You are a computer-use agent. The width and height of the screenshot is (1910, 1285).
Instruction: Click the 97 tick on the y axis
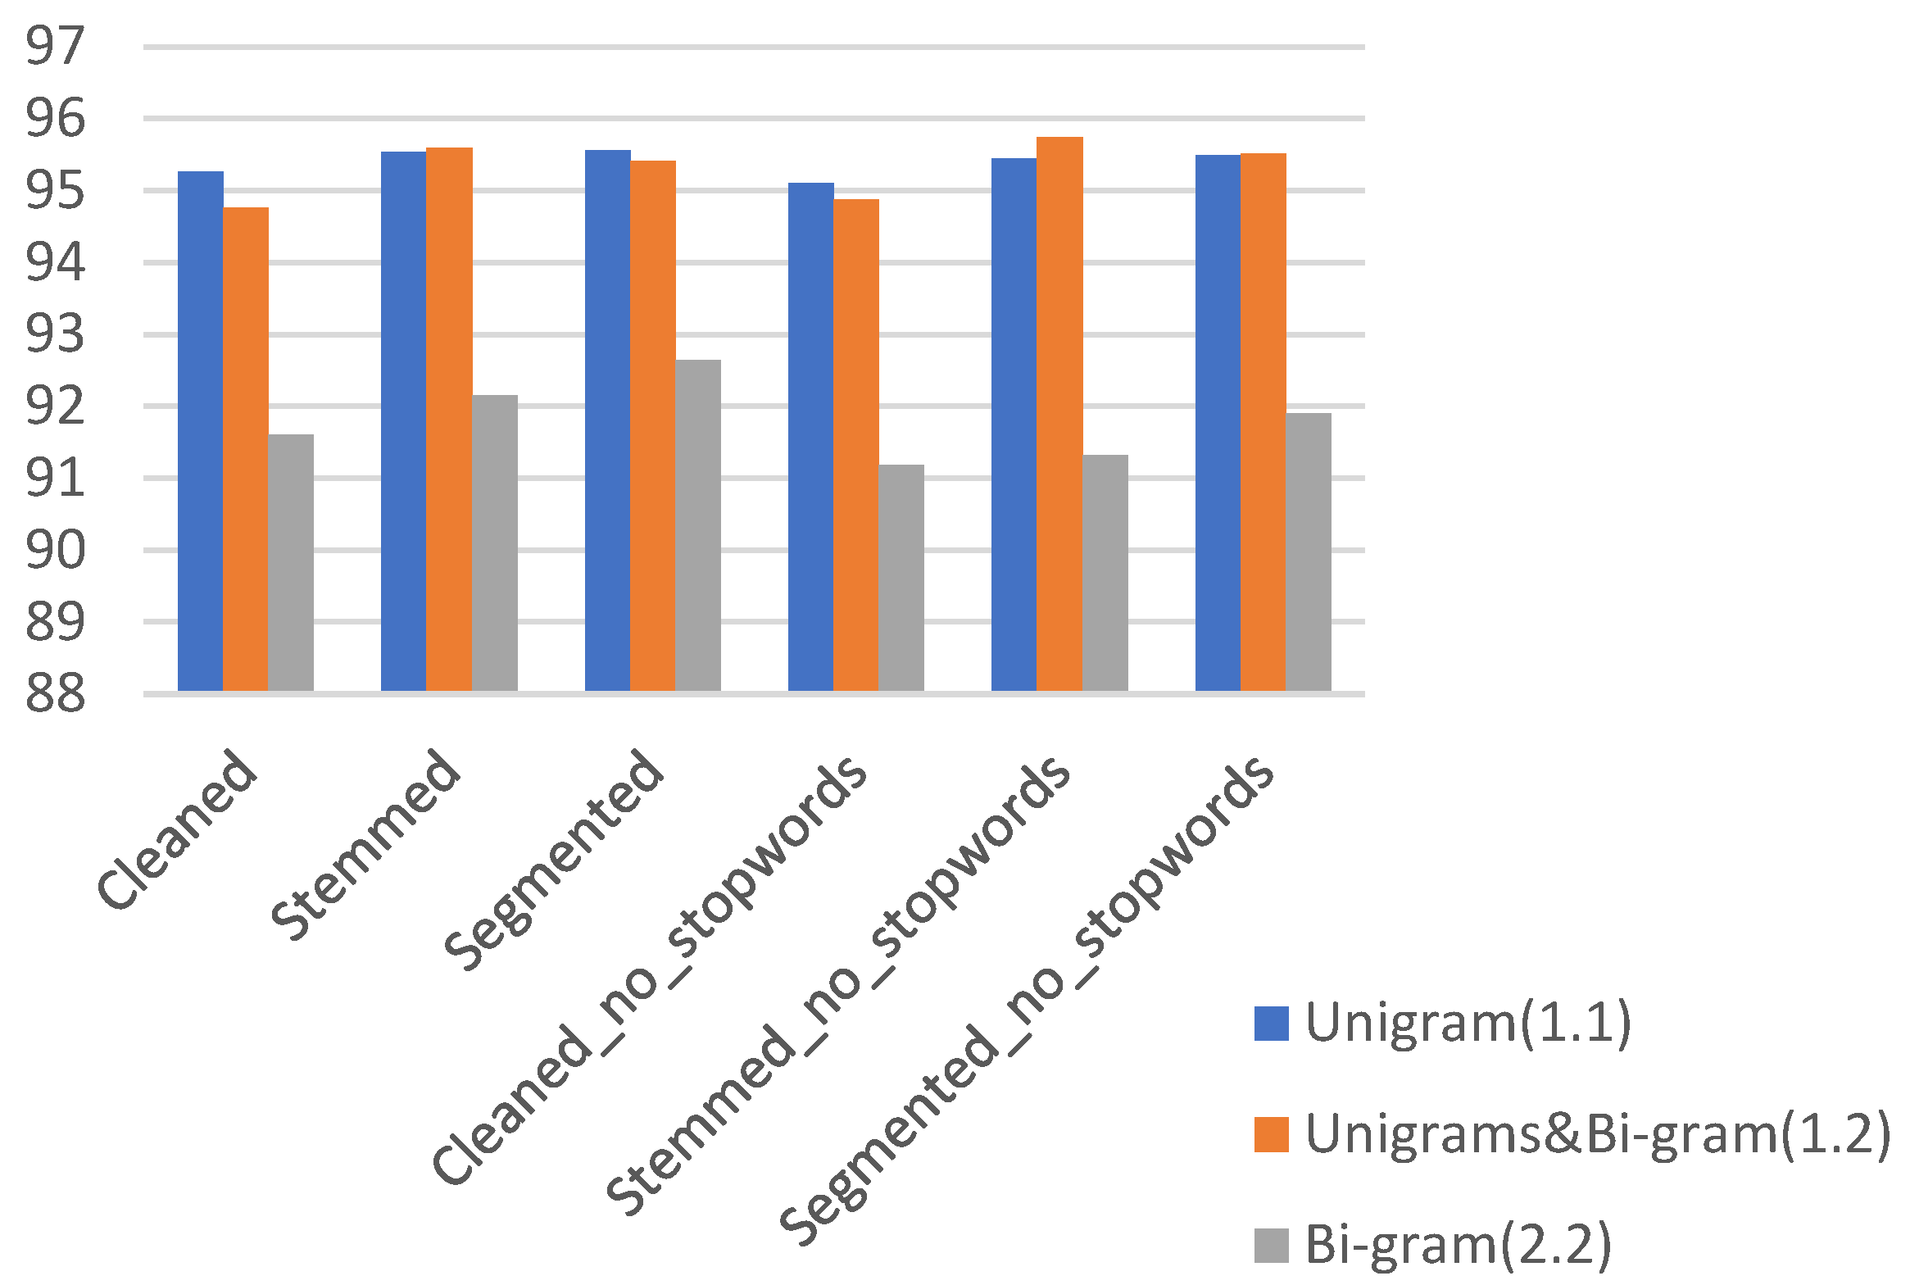[55, 47]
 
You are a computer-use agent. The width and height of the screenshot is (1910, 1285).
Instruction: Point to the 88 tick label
[55, 694]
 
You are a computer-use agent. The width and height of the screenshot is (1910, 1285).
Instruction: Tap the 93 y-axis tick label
[55, 334]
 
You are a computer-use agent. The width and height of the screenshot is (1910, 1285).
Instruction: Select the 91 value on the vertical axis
[55, 479]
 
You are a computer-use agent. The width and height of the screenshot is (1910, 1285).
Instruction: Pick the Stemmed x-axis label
[365, 844]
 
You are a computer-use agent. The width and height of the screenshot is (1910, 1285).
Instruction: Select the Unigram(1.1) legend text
[1468, 1024]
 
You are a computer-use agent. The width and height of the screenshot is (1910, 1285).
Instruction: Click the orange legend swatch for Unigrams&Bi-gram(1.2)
[1271, 1134]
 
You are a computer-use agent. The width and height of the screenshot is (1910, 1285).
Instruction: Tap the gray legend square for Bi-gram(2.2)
[1271, 1245]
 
